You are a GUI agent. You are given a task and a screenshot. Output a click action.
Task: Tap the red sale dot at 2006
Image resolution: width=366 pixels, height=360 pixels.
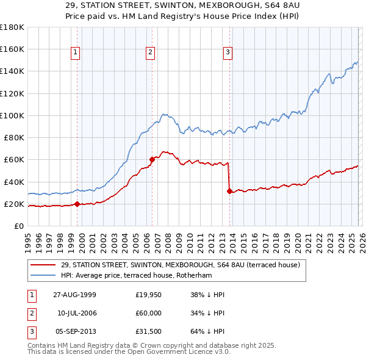[x=152, y=159]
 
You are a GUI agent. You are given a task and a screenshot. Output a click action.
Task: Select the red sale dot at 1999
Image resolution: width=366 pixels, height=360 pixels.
[x=77, y=204]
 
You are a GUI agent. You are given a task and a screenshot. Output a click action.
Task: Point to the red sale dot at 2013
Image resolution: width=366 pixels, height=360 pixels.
[x=229, y=191]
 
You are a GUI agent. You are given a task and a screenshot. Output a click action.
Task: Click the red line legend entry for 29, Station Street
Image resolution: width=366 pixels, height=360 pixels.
[x=180, y=265]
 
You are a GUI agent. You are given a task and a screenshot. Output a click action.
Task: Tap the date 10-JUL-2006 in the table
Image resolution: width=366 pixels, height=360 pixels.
[x=77, y=312]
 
